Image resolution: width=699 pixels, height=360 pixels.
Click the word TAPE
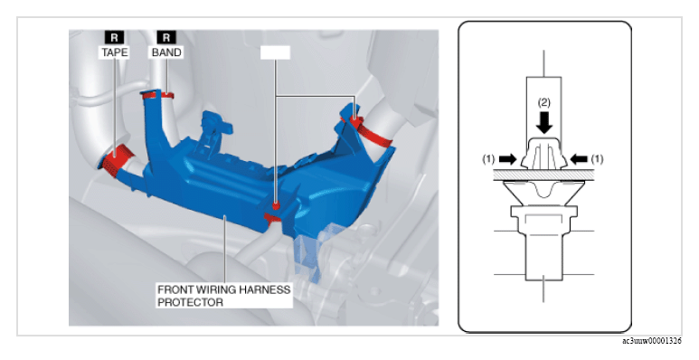click(115, 52)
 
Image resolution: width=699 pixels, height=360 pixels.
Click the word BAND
click(166, 52)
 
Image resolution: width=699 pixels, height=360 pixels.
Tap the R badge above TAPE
click(114, 37)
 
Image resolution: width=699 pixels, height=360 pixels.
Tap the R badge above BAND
click(166, 37)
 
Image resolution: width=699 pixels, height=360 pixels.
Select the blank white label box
click(275, 52)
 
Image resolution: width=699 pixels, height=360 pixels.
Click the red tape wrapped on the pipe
click(117, 161)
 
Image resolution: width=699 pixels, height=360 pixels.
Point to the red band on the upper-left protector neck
click(157, 95)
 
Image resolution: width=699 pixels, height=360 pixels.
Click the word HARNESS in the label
click(265, 289)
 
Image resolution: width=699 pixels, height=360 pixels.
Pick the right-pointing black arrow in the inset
click(508, 158)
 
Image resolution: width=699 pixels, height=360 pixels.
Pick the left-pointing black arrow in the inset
click(579, 158)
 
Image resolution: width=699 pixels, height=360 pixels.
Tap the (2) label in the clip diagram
click(543, 102)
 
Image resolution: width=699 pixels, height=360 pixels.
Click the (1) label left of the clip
click(489, 159)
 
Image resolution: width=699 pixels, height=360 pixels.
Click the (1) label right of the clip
click(598, 159)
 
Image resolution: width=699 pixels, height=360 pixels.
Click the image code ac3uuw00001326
click(652, 341)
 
